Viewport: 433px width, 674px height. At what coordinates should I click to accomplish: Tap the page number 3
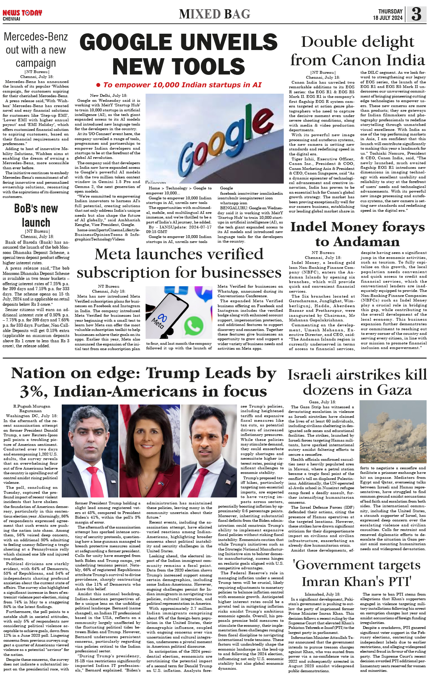pyautogui.click(x=416, y=14)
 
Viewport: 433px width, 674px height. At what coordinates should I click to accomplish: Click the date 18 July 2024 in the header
pyautogui.click(x=388, y=18)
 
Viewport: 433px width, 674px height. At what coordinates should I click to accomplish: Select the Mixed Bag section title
pyautogui.click(x=214, y=14)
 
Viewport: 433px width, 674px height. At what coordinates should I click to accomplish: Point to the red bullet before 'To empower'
pyautogui.click(x=98, y=85)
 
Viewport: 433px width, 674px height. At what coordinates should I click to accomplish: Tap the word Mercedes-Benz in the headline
pyautogui.click(x=35, y=37)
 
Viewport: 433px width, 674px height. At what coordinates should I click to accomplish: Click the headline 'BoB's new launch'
pyautogui.click(x=36, y=215)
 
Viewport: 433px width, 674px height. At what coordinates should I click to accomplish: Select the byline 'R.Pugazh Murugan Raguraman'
pyautogui.click(x=32, y=408)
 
